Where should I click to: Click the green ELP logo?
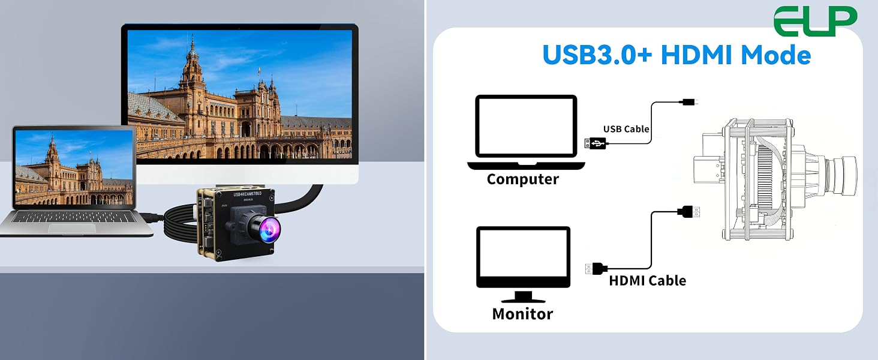click(815, 21)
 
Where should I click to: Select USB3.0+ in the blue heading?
click(597, 55)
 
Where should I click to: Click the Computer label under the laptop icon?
click(522, 179)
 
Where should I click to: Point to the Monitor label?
click(522, 314)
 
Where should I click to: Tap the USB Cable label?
click(626, 129)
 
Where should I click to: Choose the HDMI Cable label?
click(647, 281)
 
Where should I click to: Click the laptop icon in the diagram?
click(526, 132)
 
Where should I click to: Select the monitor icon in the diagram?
click(524, 264)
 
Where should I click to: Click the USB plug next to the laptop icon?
click(595, 143)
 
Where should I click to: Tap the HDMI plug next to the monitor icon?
click(596, 269)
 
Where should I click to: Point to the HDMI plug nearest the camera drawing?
click(688, 212)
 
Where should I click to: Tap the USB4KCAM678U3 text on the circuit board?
click(247, 194)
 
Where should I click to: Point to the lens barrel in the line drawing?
click(843, 175)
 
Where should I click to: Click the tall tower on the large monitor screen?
click(191, 65)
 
